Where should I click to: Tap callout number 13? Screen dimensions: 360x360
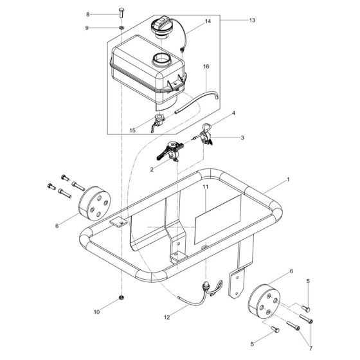(252, 21)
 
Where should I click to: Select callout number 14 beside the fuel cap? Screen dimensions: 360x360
(208, 22)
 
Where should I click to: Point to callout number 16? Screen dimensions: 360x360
(206, 67)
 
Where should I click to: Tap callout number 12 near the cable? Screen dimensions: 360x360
(167, 316)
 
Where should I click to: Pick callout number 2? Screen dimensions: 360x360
(152, 169)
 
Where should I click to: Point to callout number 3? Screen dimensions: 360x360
(242, 138)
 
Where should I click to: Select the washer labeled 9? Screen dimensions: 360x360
(121, 28)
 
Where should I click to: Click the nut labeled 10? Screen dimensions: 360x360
(121, 299)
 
